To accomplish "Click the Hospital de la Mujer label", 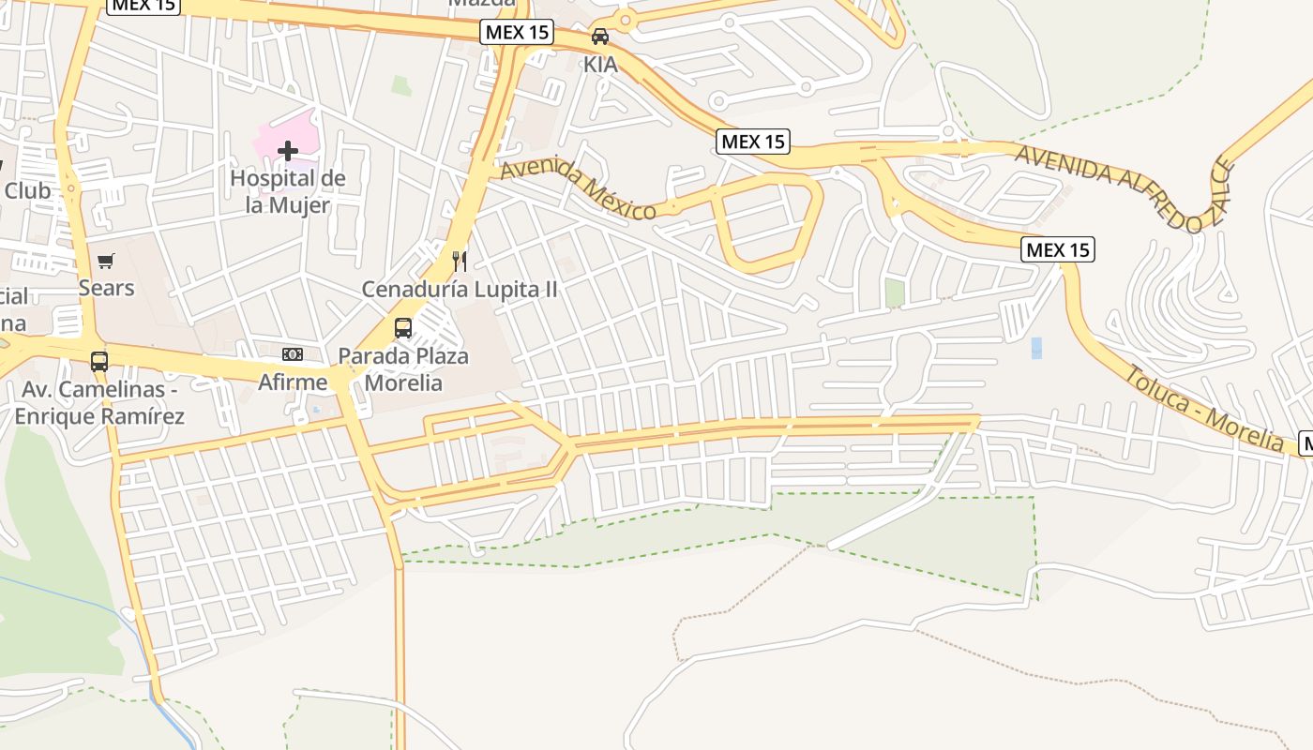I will tap(288, 191).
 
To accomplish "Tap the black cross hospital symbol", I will tap(288, 150).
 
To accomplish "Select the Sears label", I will tap(106, 288).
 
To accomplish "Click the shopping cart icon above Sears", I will tap(106, 261).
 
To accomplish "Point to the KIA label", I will tap(600, 65).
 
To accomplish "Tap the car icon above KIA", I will tap(600, 37).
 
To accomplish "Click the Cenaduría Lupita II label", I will tap(460, 289).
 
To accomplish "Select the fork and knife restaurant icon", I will tap(460, 261).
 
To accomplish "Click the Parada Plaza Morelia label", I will tap(403, 369).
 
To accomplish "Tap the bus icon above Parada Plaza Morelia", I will tap(403, 328).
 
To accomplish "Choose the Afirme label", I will tap(293, 382).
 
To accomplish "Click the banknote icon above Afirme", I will tap(293, 354).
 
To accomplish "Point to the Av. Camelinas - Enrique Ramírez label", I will tap(99, 402).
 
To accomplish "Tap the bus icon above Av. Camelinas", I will tap(98, 361).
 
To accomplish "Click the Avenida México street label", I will tap(578, 190).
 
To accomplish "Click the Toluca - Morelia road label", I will tap(1204, 409).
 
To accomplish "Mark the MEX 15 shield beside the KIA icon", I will tap(517, 33).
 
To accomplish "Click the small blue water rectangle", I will tap(1036, 348).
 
